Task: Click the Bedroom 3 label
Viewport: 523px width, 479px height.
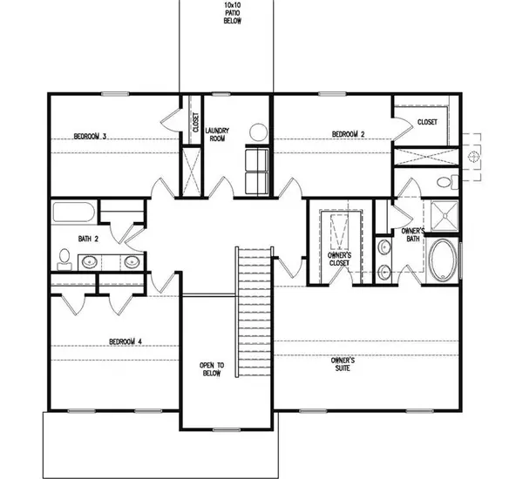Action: coord(90,136)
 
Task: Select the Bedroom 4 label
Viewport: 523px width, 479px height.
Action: coord(126,341)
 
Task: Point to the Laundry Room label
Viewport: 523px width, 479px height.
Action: coord(216,133)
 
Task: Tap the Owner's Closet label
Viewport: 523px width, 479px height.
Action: coord(339,259)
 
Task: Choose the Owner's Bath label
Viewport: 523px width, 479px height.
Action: coord(412,234)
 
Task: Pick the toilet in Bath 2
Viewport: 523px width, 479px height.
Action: coord(65,257)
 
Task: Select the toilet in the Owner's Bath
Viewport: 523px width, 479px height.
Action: coord(446,183)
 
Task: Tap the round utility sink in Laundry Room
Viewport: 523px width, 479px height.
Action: coord(259,133)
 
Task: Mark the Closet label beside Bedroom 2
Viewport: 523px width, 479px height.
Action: coord(427,122)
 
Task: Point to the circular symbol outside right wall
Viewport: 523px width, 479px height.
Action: coord(473,156)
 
